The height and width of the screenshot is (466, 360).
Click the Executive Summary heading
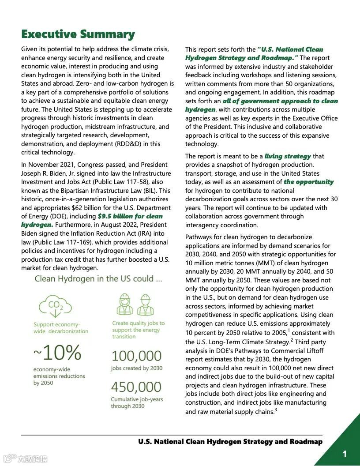78,34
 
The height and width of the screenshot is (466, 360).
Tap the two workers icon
135,304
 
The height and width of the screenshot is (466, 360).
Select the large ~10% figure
57,352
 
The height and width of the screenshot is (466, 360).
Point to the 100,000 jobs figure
136,356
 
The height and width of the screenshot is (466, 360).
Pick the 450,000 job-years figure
136,387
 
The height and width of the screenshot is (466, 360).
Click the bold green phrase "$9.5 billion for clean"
130,216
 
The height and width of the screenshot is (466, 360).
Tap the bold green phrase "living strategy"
288,156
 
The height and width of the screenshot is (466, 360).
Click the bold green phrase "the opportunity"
309,182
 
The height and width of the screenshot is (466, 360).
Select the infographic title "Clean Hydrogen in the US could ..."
98,279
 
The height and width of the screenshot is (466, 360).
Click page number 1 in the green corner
345,454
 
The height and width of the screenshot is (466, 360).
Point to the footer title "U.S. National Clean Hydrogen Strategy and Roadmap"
230,441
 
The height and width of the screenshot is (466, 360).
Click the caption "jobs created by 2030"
136,368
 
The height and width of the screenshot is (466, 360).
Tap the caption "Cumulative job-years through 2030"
137,402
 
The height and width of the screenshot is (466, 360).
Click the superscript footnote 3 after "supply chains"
276,410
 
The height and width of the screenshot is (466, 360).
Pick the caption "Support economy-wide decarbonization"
61,328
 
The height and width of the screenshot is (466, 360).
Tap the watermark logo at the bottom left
25,458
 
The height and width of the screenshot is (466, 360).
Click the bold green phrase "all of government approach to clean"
280,101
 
